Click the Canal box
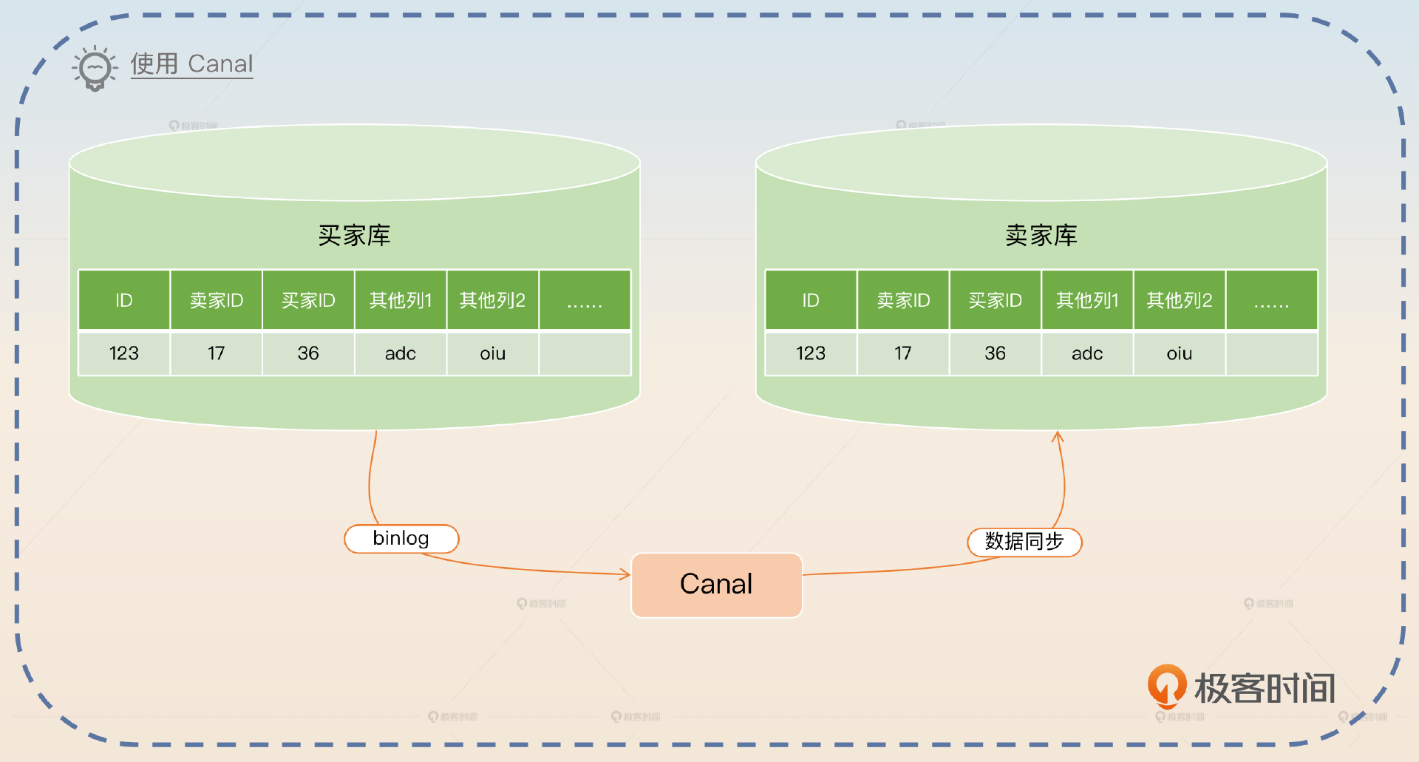point(716,585)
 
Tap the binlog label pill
point(401,539)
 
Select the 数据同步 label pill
point(1024,542)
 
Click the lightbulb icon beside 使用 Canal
point(95,69)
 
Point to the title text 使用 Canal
point(191,64)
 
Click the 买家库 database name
point(354,236)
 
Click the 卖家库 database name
point(1041,236)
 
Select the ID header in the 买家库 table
point(124,300)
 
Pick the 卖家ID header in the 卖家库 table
point(903,300)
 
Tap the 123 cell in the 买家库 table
point(124,353)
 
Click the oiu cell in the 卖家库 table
point(1179,353)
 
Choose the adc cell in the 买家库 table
point(400,353)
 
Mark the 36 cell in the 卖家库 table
point(995,353)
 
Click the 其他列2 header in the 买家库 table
point(492,300)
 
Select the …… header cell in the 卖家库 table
point(1271,300)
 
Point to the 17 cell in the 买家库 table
point(216,353)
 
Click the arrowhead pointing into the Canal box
point(625,574)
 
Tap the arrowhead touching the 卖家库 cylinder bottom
point(1058,437)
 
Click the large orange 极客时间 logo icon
point(1167,685)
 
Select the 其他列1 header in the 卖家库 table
point(1087,300)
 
